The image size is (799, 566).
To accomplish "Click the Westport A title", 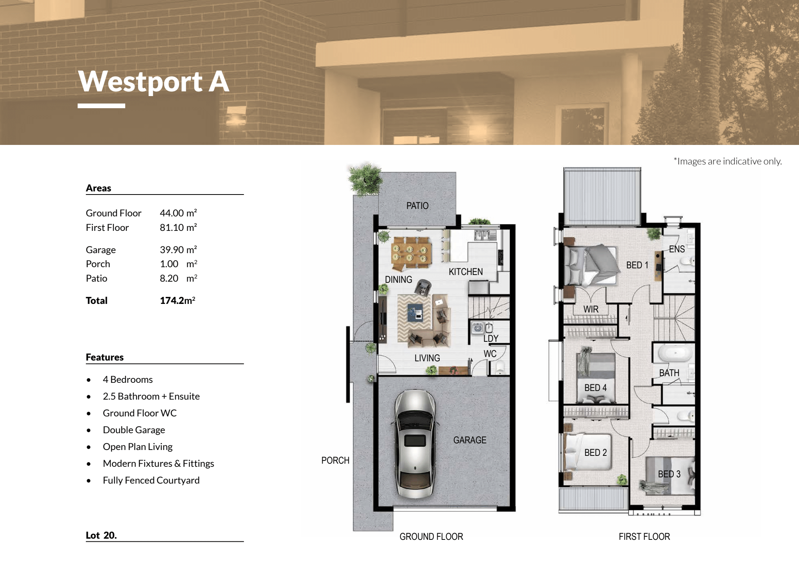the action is [154, 82].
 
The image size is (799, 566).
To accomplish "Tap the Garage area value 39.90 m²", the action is [178, 249].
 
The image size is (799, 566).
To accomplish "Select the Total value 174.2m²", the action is [178, 300].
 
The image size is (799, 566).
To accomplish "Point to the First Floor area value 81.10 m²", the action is [178, 227].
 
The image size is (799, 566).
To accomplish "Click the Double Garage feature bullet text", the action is [134, 430].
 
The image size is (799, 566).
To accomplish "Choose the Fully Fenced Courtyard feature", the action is [151, 480].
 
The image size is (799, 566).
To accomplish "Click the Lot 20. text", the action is [101, 535].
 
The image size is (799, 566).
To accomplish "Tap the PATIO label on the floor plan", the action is [417, 205].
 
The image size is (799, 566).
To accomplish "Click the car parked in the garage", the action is [415, 444].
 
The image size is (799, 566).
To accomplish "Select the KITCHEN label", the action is [466, 271].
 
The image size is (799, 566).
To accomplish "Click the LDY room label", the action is [491, 338].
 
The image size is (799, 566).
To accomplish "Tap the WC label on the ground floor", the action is [490, 354].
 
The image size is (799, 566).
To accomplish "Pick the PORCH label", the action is [336, 461].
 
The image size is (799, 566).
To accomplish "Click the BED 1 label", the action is [637, 265].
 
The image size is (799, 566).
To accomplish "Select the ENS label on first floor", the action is [677, 249].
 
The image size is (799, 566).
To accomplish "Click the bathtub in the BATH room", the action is [675, 353].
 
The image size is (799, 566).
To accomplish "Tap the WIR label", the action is [591, 309].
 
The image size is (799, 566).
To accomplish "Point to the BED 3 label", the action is [669, 474].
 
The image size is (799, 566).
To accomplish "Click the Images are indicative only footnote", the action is [728, 161].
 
